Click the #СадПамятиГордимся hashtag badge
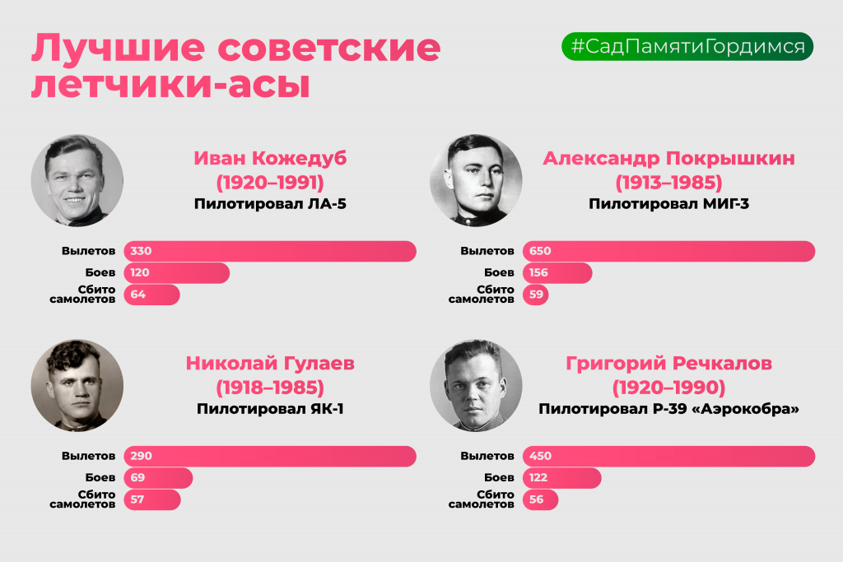(x=687, y=46)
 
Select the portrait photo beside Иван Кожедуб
(x=77, y=180)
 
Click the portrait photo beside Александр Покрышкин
(x=476, y=180)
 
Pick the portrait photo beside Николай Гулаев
(x=77, y=385)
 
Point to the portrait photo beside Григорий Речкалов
(x=476, y=385)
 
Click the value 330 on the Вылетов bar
(x=141, y=251)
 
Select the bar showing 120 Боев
(x=176, y=273)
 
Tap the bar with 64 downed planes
(x=151, y=295)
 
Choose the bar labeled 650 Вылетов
(x=668, y=251)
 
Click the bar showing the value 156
(x=557, y=273)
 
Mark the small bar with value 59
(x=535, y=295)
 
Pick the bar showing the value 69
(x=158, y=477)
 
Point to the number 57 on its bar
(x=137, y=499)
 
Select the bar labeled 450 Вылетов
(x=668, y=456)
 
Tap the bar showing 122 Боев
(x=561, y=477)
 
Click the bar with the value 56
(x=540, y=499)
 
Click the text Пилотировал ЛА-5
(x=270, y=204)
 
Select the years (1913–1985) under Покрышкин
(x=668, y=183)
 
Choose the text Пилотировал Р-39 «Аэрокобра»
(x=668, y=409)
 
